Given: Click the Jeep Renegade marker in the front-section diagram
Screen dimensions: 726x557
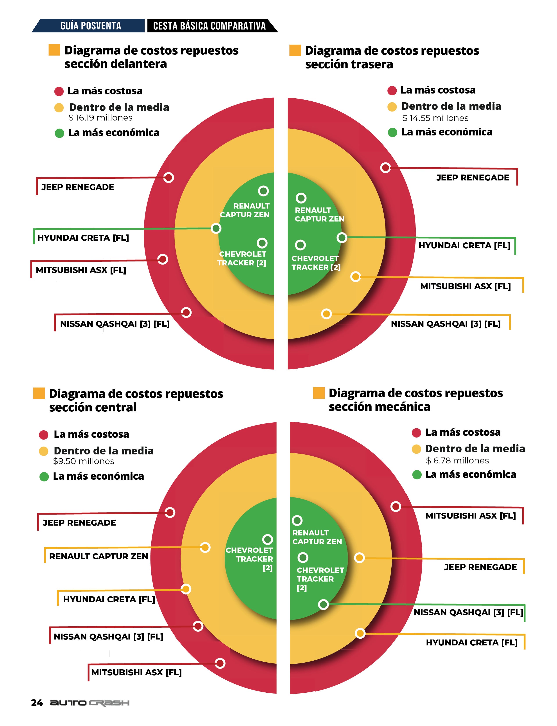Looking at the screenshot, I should click(168, 178).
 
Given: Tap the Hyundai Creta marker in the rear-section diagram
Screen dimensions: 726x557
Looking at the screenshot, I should click(342, 238).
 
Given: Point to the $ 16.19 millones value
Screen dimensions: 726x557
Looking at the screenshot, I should click(100, 118).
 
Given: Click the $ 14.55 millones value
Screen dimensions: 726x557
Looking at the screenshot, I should click(435, 118).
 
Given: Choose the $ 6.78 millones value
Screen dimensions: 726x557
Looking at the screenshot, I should click(457, 461).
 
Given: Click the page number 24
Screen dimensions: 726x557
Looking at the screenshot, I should click(37, 703).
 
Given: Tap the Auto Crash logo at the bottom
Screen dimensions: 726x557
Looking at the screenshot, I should click(90, 703).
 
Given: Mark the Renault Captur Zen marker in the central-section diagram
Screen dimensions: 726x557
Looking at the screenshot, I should click(205, 547).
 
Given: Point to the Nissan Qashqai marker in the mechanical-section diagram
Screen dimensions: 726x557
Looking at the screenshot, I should click(323, 604).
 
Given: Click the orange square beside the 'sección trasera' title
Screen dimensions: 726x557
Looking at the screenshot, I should click(295, 50).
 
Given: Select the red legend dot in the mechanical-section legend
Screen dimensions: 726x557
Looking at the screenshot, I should click(416, 433).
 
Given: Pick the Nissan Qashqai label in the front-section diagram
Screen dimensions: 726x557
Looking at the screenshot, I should click(115, 324).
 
